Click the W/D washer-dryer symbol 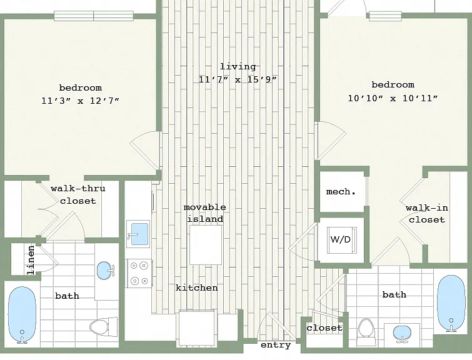[342, 240]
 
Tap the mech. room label [341, 191]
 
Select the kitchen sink [138, 234]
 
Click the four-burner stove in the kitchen [139, 273]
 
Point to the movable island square [206, 245]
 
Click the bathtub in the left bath [22, 315]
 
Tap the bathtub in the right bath [451, 303]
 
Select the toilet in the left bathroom [104, 327]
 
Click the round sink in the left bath [106, 270]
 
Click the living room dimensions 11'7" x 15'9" [238, 79]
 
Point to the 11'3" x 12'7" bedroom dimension [80, 101]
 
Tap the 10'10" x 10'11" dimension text [393, 98]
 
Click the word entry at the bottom [276, 345]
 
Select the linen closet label [31, 260]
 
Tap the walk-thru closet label [78, 195]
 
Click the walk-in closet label [427, 214]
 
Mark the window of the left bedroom [94, 16]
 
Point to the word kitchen [197, 287]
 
